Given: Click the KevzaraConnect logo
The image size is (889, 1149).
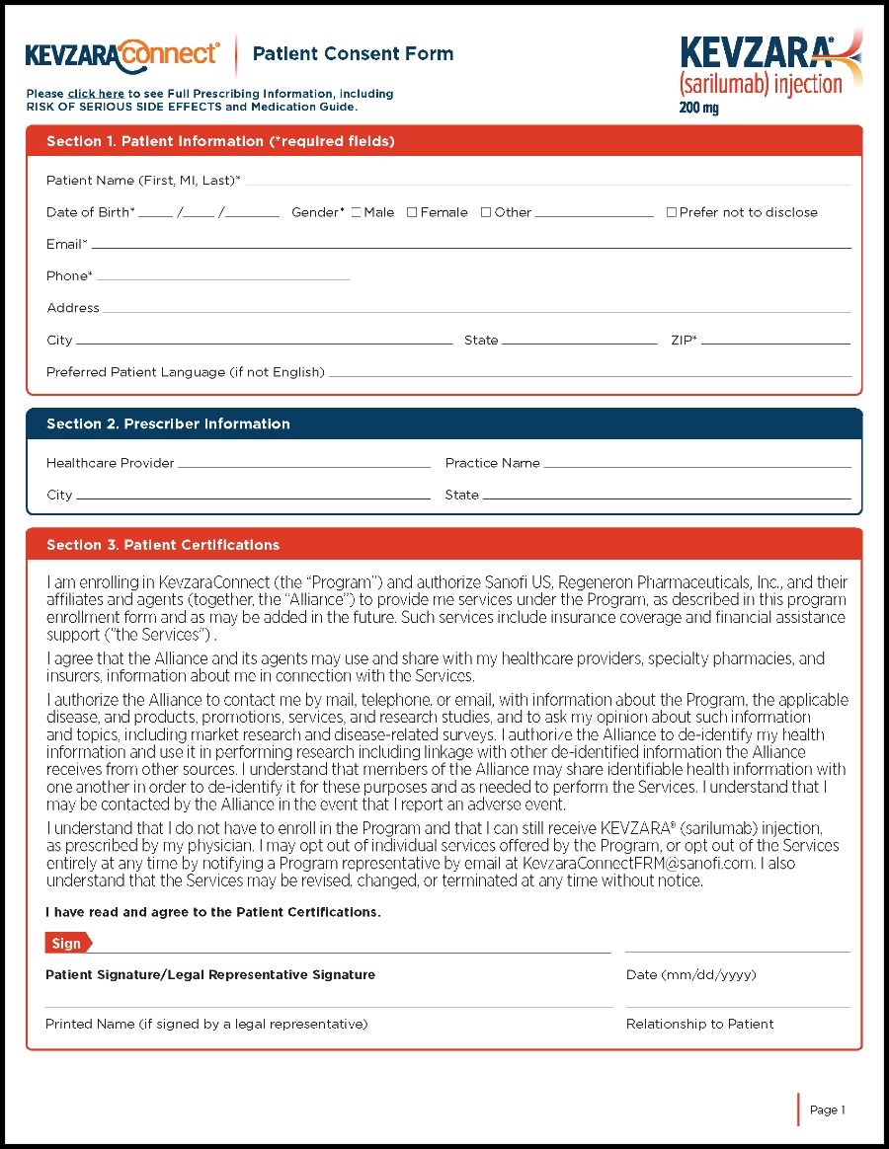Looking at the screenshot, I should click(x=122, y=54).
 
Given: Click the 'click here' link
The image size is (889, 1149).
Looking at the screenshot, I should click(x=96, y=94).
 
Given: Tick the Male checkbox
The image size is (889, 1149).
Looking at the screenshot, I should click(x=357, y=212).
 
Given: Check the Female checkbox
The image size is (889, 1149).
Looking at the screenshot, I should click(x=412, y=212).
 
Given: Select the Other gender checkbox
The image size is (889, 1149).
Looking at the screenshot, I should click(x=486, y=212).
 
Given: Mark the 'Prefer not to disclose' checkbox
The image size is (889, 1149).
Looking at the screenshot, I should click(x=672, y=212).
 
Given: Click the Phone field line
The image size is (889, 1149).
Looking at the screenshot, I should click(x=223, y=277).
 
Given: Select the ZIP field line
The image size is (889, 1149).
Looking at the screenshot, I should click(x=775, y=342).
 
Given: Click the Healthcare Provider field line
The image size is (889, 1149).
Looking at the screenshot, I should click(x=304, y=465).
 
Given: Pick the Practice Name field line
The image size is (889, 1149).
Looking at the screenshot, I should click(x=697, y=465).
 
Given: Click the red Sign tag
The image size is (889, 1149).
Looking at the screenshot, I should click(x=67, y=944).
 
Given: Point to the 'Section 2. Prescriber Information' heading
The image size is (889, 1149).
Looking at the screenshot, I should click(x=168, y=424).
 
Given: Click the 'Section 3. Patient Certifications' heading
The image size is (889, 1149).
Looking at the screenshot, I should click(x=163, y=545).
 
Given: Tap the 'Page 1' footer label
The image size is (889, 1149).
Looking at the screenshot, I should click(x=827, y=1111).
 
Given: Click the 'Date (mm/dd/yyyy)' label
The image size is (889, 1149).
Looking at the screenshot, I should click(x=691, y=975).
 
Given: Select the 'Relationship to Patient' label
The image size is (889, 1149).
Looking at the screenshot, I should click(x=700, y=1025).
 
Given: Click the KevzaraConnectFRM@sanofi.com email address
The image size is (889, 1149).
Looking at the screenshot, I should click(x=639, y=864).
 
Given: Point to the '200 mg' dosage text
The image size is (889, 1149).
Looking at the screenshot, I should click(x=699, y=108).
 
